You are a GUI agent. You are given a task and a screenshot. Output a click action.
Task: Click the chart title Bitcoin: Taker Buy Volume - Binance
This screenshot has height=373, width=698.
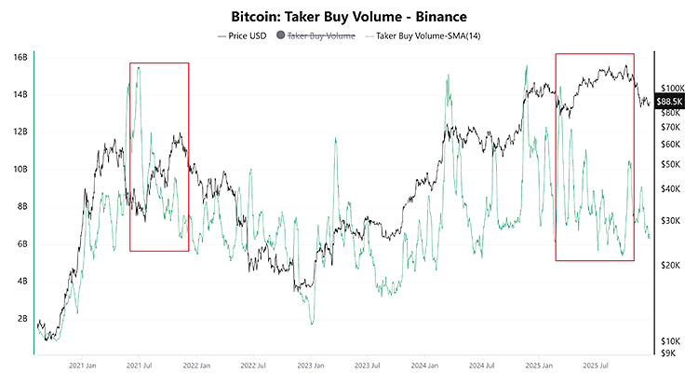pyautogui.click(x=349, y=17)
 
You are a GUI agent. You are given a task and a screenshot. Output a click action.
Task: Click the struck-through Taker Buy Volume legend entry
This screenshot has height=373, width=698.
pyautogui.click(x=322, y=35)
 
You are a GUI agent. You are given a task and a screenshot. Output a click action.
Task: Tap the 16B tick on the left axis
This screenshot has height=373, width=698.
pyautogui.click(x=18, y=57)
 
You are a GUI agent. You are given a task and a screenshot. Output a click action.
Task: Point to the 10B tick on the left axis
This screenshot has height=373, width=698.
pyautogui.click(x=18, y=169)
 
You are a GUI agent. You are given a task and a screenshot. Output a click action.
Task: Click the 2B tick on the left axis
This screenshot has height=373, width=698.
pyautogui.click(x=20, y=318)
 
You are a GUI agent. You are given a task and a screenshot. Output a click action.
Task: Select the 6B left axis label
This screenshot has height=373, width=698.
pyautogui.click(x=20, y=243)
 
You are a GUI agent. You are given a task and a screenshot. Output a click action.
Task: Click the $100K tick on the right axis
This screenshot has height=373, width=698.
pyautogui.click(x=673, y=87)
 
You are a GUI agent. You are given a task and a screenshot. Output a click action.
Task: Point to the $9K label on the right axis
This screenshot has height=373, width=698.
pyautogui.click(x=668, y=353)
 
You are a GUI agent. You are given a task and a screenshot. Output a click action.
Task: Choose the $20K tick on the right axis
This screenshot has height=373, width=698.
pyautogui.click(x=671, y=266)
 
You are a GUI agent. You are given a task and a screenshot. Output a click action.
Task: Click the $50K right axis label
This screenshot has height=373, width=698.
pyautogui.click(x=671, y=164)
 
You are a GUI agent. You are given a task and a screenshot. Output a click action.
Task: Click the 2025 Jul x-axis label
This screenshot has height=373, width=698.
pyautogui.click(x=597, y=366)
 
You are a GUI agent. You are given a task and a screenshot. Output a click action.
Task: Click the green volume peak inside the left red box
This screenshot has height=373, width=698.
pyautogui.click(x=138, y=67)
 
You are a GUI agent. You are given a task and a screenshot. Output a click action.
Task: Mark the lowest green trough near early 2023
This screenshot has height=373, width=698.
pyautogui.click(x=312, y=324)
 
